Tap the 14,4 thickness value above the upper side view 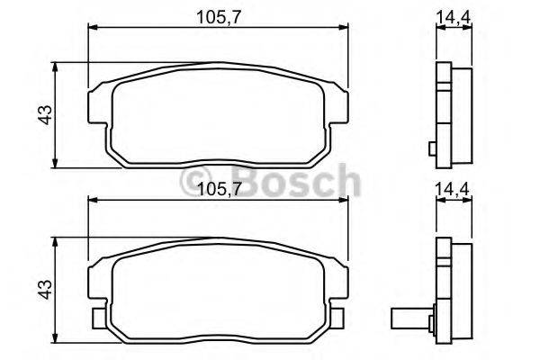click(x=454, y=15)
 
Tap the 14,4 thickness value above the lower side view click(x=454, y=190)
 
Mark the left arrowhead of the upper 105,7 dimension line click(x=91, y=28)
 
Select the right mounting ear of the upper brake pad click(x=339, y=106)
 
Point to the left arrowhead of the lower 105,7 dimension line click(x=91, y=202)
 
